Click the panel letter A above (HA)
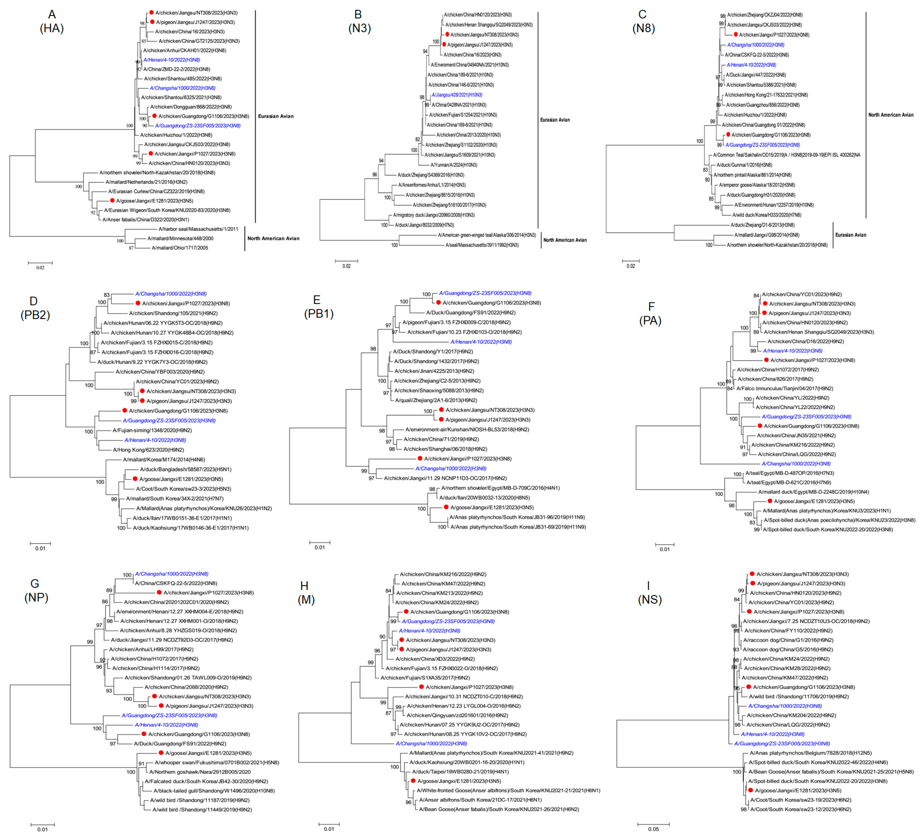52,15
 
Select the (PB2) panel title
35,315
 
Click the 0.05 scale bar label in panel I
653,829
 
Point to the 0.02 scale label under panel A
40,268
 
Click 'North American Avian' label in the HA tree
273,239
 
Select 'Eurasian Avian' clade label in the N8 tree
851,235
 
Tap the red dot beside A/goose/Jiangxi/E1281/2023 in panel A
112,201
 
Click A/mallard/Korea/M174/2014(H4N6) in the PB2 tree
164,460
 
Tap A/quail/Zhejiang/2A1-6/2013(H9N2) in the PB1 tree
436,400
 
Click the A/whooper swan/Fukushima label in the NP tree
217,763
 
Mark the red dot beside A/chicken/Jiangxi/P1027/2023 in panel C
735,35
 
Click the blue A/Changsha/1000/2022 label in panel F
796,464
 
